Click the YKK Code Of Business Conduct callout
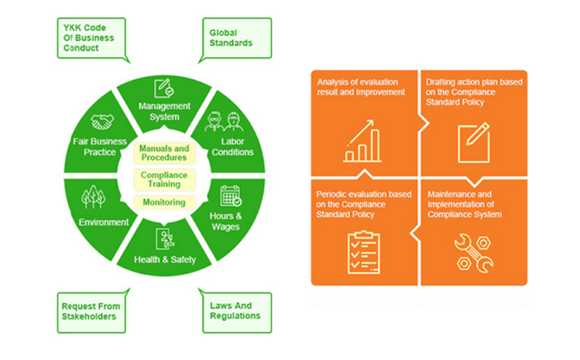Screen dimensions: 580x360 [91, 38]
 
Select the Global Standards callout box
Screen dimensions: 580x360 [237, 38]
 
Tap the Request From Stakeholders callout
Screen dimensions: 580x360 [91, 312]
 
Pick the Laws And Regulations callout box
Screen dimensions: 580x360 [237, 312]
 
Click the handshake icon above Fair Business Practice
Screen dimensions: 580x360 [102, 122]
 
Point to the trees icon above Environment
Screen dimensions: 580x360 [93, 196]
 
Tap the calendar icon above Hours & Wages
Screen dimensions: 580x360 [230, 195]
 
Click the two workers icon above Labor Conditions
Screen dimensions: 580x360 [224, 122]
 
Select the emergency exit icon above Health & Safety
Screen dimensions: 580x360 [165, 238]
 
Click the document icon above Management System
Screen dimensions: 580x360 [164, 88]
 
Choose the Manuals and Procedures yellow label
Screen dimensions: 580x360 [164, 153]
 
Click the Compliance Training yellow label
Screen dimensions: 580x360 [164, 180]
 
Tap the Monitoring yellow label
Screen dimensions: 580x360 [164, 203]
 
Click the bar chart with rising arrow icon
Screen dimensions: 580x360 [362, 141]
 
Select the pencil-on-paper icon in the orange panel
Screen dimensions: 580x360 [474, 143]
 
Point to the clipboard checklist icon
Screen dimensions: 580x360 [364, 253]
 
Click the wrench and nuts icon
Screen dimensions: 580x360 [474, 254]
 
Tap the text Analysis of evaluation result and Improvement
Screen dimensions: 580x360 [361, 87]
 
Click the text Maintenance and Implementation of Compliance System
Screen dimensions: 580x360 [465, 204]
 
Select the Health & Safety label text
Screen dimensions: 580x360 [165, 260]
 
